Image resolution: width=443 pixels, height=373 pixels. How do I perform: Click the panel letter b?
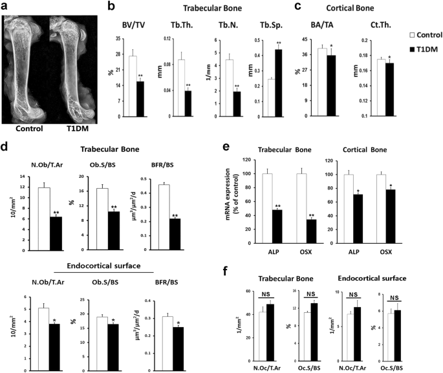[111, 7]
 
